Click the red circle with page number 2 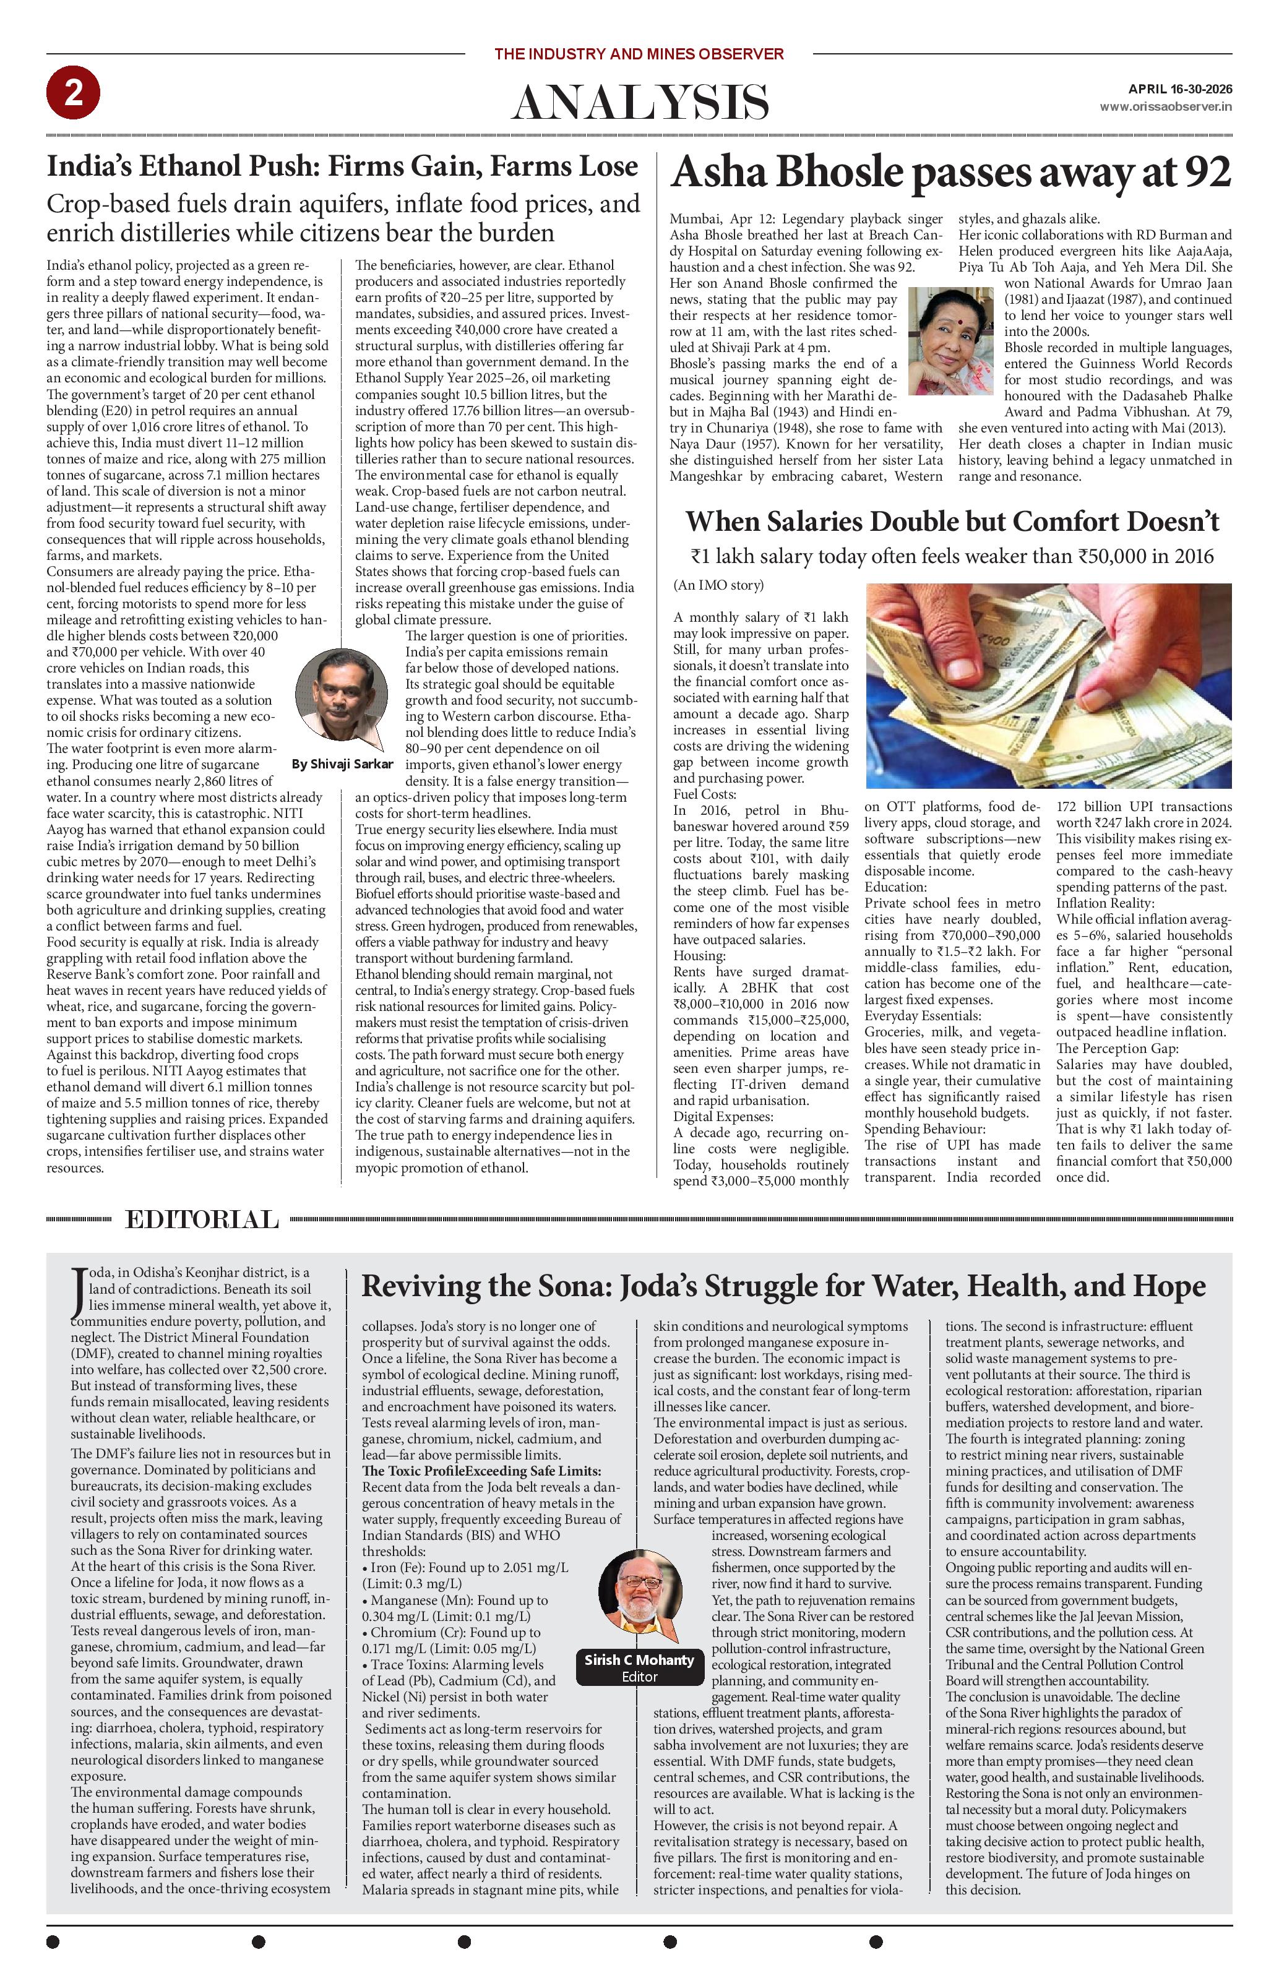click(x=74, y=93)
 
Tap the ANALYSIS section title click(x=639, y=103)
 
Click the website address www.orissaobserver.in click(x=1165, y=107)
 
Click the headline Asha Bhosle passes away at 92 click(x=951, y=173)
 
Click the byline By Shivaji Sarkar click(x=342, y=763)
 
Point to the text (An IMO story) click(x=718, y=585)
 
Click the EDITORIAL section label click(x=202, y=1219)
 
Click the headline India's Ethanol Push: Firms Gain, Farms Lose click(x=342, y=166)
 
